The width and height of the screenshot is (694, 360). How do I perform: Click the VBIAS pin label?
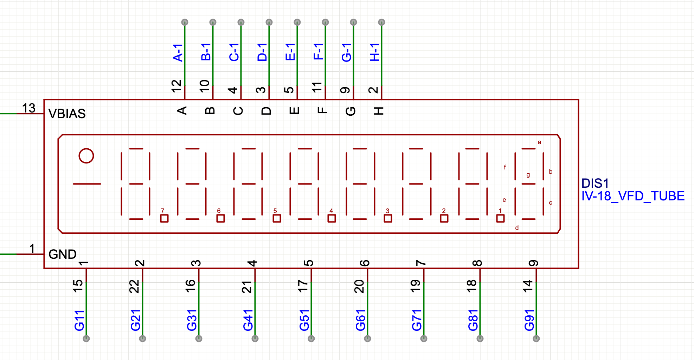click(x=67, y=114)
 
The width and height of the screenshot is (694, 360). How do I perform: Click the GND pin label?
click(x=62, y=254)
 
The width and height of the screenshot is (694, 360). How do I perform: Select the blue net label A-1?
click(x=178, y=53)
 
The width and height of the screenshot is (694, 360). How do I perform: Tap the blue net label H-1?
click(x=375, y=53)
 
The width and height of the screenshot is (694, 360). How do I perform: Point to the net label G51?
click(x=304, y=320)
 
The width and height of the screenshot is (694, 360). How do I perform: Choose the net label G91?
click(x=529, y=320)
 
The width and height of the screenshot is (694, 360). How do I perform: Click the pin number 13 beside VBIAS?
click(x=29, y=108)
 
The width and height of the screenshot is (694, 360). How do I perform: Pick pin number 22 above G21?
click(x=135, y=287)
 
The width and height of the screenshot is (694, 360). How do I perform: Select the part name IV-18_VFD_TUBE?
click(x=633, y=196)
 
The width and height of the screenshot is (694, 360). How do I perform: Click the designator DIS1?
click(x=595, y=183)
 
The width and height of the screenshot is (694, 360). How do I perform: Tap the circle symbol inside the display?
click(x=86, y=156)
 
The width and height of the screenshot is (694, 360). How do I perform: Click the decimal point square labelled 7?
click(x=164, y=218)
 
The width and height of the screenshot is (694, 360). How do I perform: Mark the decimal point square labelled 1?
click(x=500, y=218)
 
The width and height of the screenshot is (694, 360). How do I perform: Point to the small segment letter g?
click(x=528, y=175)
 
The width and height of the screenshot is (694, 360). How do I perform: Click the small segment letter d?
click(x=517, y=228)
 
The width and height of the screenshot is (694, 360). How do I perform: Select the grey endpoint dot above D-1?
click(x=269, y=22)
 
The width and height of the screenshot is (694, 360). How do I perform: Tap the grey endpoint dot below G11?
click(x=86, y=339)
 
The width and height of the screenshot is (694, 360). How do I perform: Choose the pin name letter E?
click(x=294, y=111)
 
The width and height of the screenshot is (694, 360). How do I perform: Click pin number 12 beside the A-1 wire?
click(x=176, y=86)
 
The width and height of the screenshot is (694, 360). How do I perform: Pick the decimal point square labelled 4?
click(x=332, y=218)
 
